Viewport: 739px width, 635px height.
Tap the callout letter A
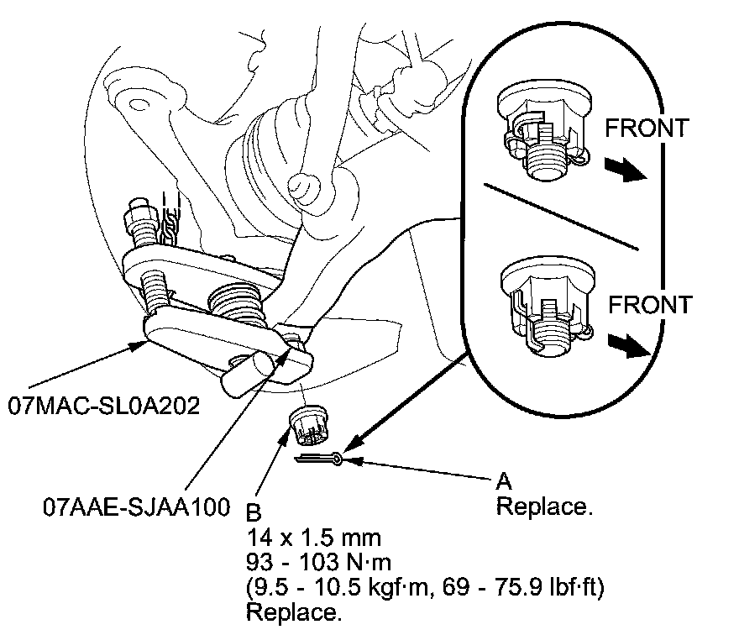click(504, 482)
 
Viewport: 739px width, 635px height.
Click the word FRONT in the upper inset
click(647, 128)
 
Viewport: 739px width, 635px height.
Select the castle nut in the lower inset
click(543, 308)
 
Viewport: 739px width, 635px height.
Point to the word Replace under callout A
click(540, 507)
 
